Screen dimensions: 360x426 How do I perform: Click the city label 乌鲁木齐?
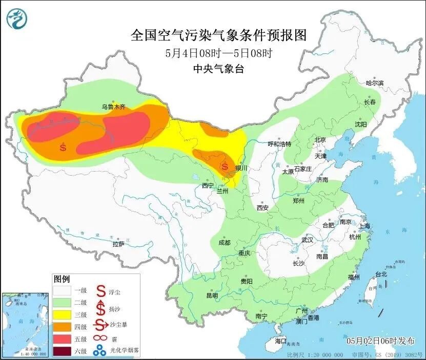(x=113, y=107)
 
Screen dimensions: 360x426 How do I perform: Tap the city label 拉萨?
(x=118, y=244)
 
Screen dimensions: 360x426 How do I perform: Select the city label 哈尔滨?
(x=374, y=82)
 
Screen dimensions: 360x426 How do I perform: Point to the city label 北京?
(x=320, y=139)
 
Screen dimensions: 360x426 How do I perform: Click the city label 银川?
(x=241, y=168)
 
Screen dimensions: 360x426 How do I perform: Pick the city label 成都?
(x=225, y=243)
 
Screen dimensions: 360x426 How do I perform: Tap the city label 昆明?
(x=212, y=295)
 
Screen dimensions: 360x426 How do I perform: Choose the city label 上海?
(x=366, y=226)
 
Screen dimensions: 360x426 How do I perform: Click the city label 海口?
(x=280, y=341)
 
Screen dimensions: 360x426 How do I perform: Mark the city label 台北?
(x=381, y=274)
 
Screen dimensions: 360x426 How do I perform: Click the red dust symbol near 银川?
(x=224, y=166)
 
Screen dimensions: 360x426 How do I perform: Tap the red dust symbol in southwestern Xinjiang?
(x=63, y=147)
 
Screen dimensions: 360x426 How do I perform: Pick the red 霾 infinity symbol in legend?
(x=98, y=338)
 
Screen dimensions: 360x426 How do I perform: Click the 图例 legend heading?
(x=62, y=279)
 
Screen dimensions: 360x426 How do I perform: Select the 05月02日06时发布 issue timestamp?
(x=379, y=341)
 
